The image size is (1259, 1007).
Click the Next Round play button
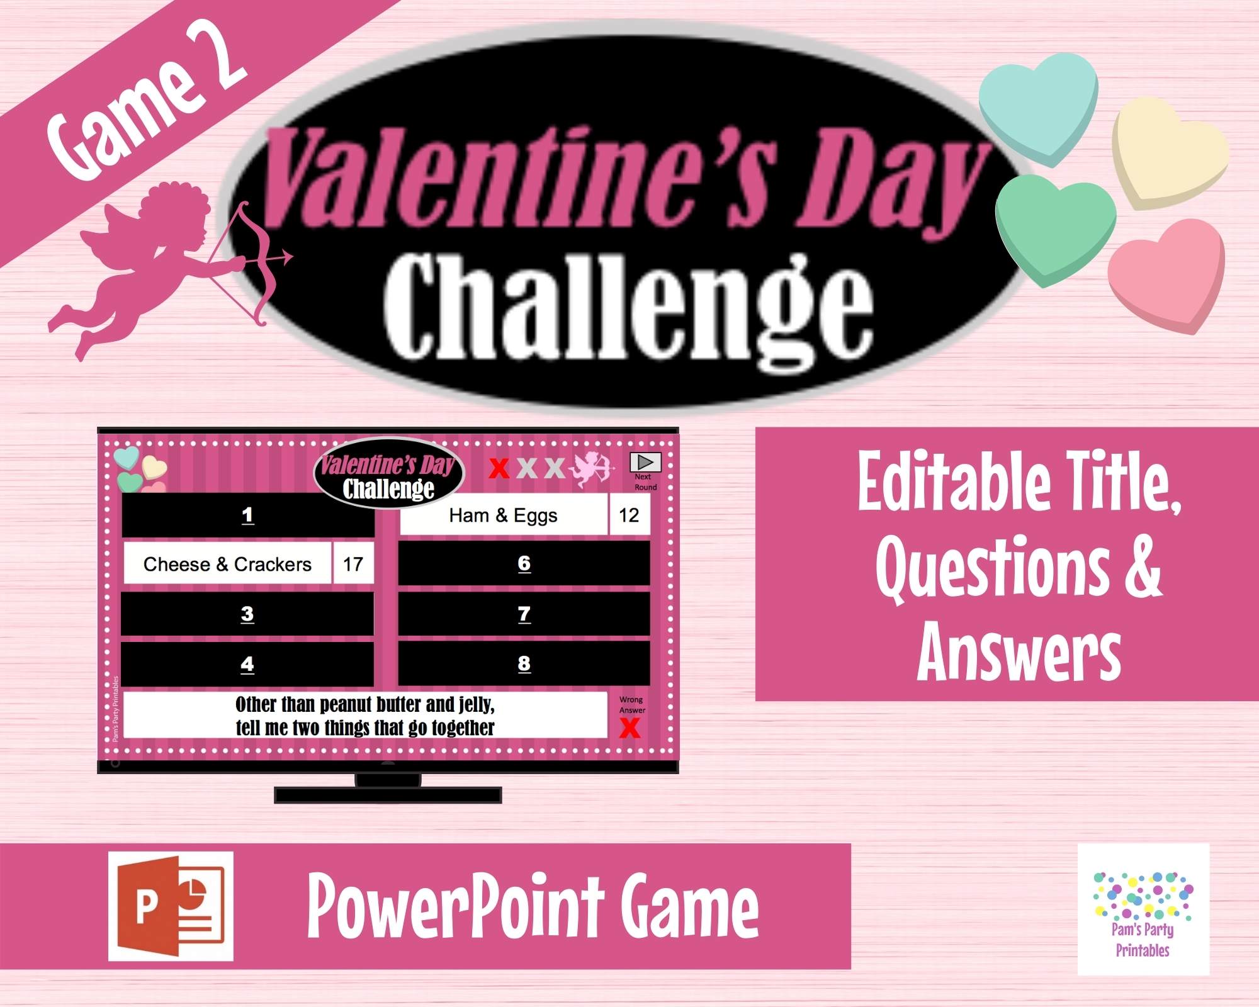pyautogui.click(x=645, y=462)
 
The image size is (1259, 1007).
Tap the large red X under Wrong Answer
pyautogui.click(x=629, y=728)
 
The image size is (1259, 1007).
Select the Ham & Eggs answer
pyautogui.click(x=503, y=515)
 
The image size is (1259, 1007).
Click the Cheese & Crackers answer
pyautogui.click(x=227, y=564)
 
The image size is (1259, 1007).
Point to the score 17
pyautogui.click(x=353, y=564)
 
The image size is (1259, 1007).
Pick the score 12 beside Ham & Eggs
pyautogui.click(x=629, y=515)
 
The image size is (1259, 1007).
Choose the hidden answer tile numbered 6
pyautogui.click(x=524, y=563)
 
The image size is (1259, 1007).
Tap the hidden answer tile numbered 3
pyautogui.click(x=247, y=614)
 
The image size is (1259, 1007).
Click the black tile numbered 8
pyautogui.click(x=524, y=663)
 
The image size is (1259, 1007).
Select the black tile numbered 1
pyautogui.click(x=247, y=515)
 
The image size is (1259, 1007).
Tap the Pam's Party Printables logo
pyautogui.click(x=1143, y=909)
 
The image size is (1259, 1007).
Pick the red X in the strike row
pyautogui.click(x=499, y=468)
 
